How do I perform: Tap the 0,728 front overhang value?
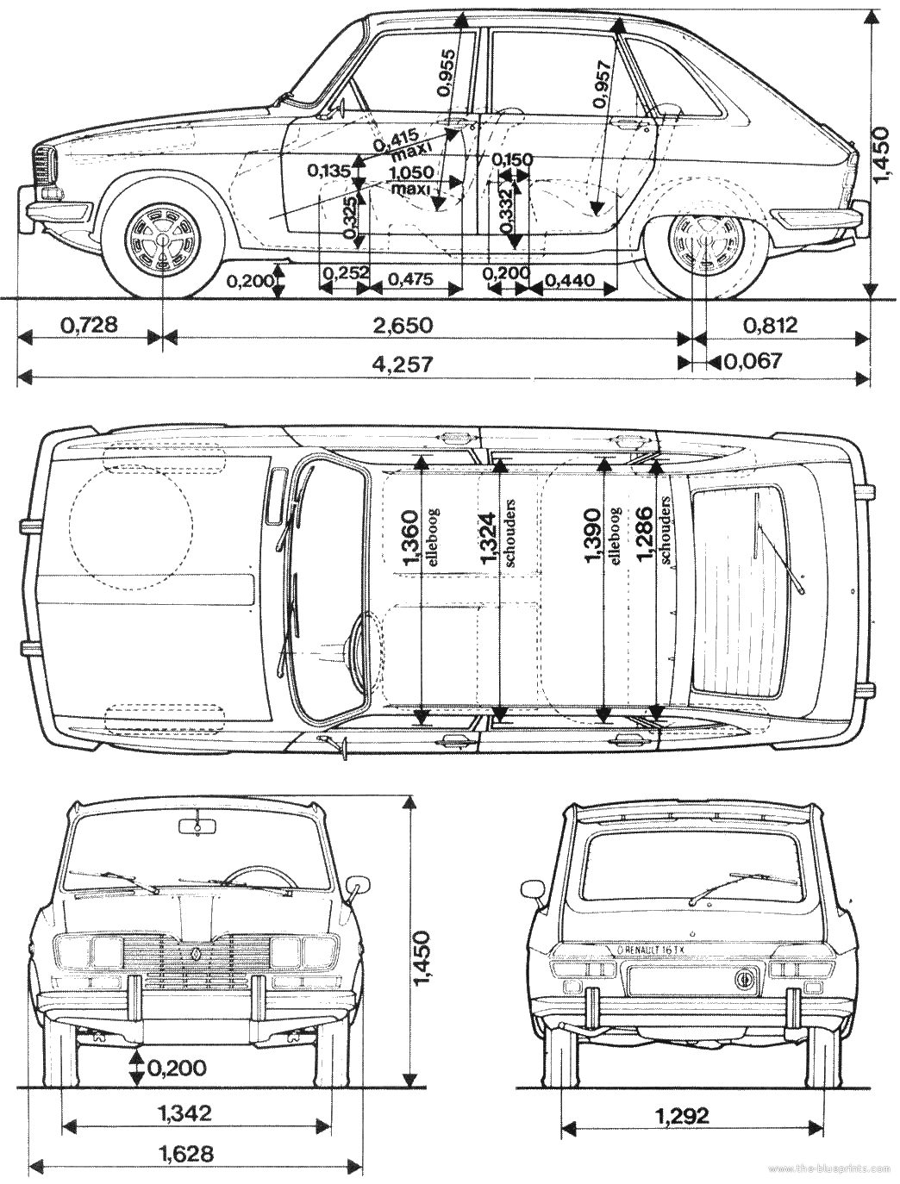point(89,325)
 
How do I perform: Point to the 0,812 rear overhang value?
point(769,325)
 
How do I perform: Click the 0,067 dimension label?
point(753,360)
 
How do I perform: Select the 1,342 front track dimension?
point(185,1113)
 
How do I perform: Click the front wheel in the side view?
point(163,240)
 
